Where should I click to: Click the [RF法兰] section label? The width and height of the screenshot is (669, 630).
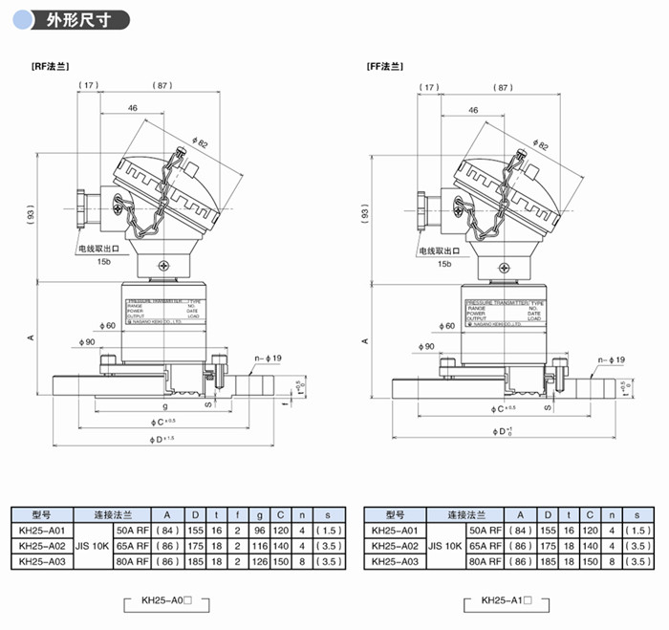(x=52, y=67)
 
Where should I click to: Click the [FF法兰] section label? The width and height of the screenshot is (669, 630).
(x=384, y=67)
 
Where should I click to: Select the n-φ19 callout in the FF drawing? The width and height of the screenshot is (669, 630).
(x=610, y=360)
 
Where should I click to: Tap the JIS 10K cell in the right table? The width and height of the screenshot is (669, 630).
(x=440, y=545)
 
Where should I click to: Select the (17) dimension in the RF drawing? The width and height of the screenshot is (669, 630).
(x=89, y=86)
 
